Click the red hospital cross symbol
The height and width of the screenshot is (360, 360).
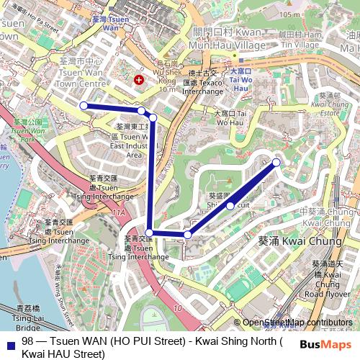(139, 80)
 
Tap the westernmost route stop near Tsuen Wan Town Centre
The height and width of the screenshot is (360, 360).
(84, 106)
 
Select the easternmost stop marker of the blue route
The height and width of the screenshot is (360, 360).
(276, 163)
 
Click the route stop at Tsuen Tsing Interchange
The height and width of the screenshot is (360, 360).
(149, 232)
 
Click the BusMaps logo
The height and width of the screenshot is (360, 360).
(330, 345)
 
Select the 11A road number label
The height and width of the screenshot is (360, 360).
(118, 213)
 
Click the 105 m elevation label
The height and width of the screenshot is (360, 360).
(291, 14)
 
